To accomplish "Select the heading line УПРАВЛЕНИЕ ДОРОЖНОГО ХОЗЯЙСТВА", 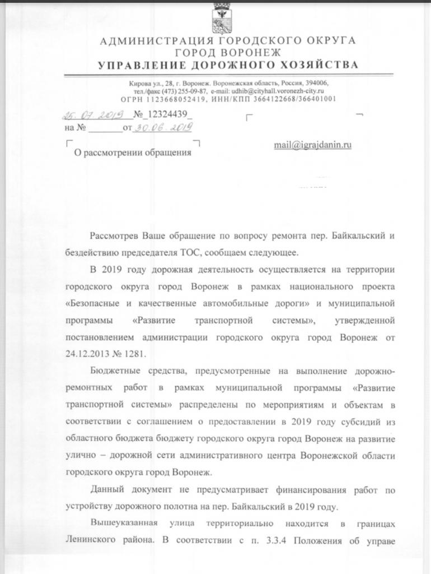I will click(x=228, y=66).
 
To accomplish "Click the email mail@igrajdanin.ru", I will click(x=312, y=145).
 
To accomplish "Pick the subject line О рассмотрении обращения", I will click(x=133, y=152).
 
